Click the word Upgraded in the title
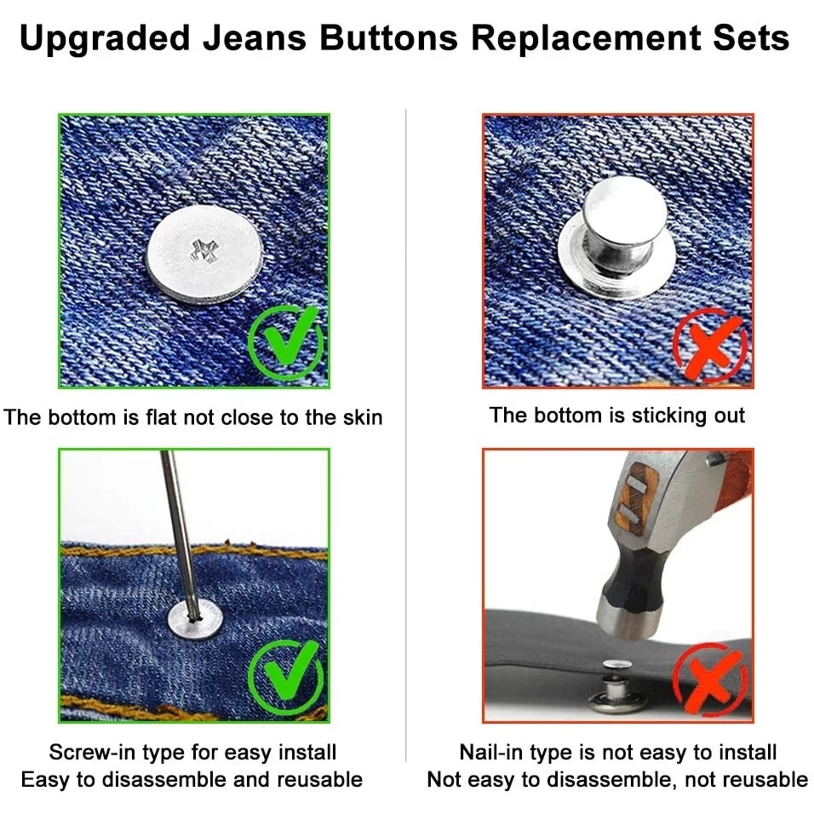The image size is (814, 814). pos(105,39)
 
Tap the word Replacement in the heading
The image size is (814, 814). pos(587,39)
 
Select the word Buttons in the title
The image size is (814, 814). pos(388,38)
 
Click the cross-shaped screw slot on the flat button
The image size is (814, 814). pos(204,251)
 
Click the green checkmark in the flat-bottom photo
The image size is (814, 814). pos(286,341)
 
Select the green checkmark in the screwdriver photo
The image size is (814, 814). pos(286,677)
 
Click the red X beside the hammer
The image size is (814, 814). pos(709,679)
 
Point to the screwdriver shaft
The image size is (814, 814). pos(179,535)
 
